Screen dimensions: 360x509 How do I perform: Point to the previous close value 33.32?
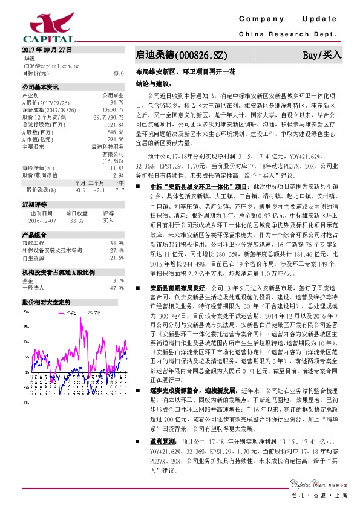tap(76, 221)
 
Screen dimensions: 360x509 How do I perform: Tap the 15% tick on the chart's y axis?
tap(26, 326)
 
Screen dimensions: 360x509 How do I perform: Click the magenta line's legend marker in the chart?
tap(62, 313)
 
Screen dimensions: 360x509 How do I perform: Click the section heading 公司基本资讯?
tap(40, 86)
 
